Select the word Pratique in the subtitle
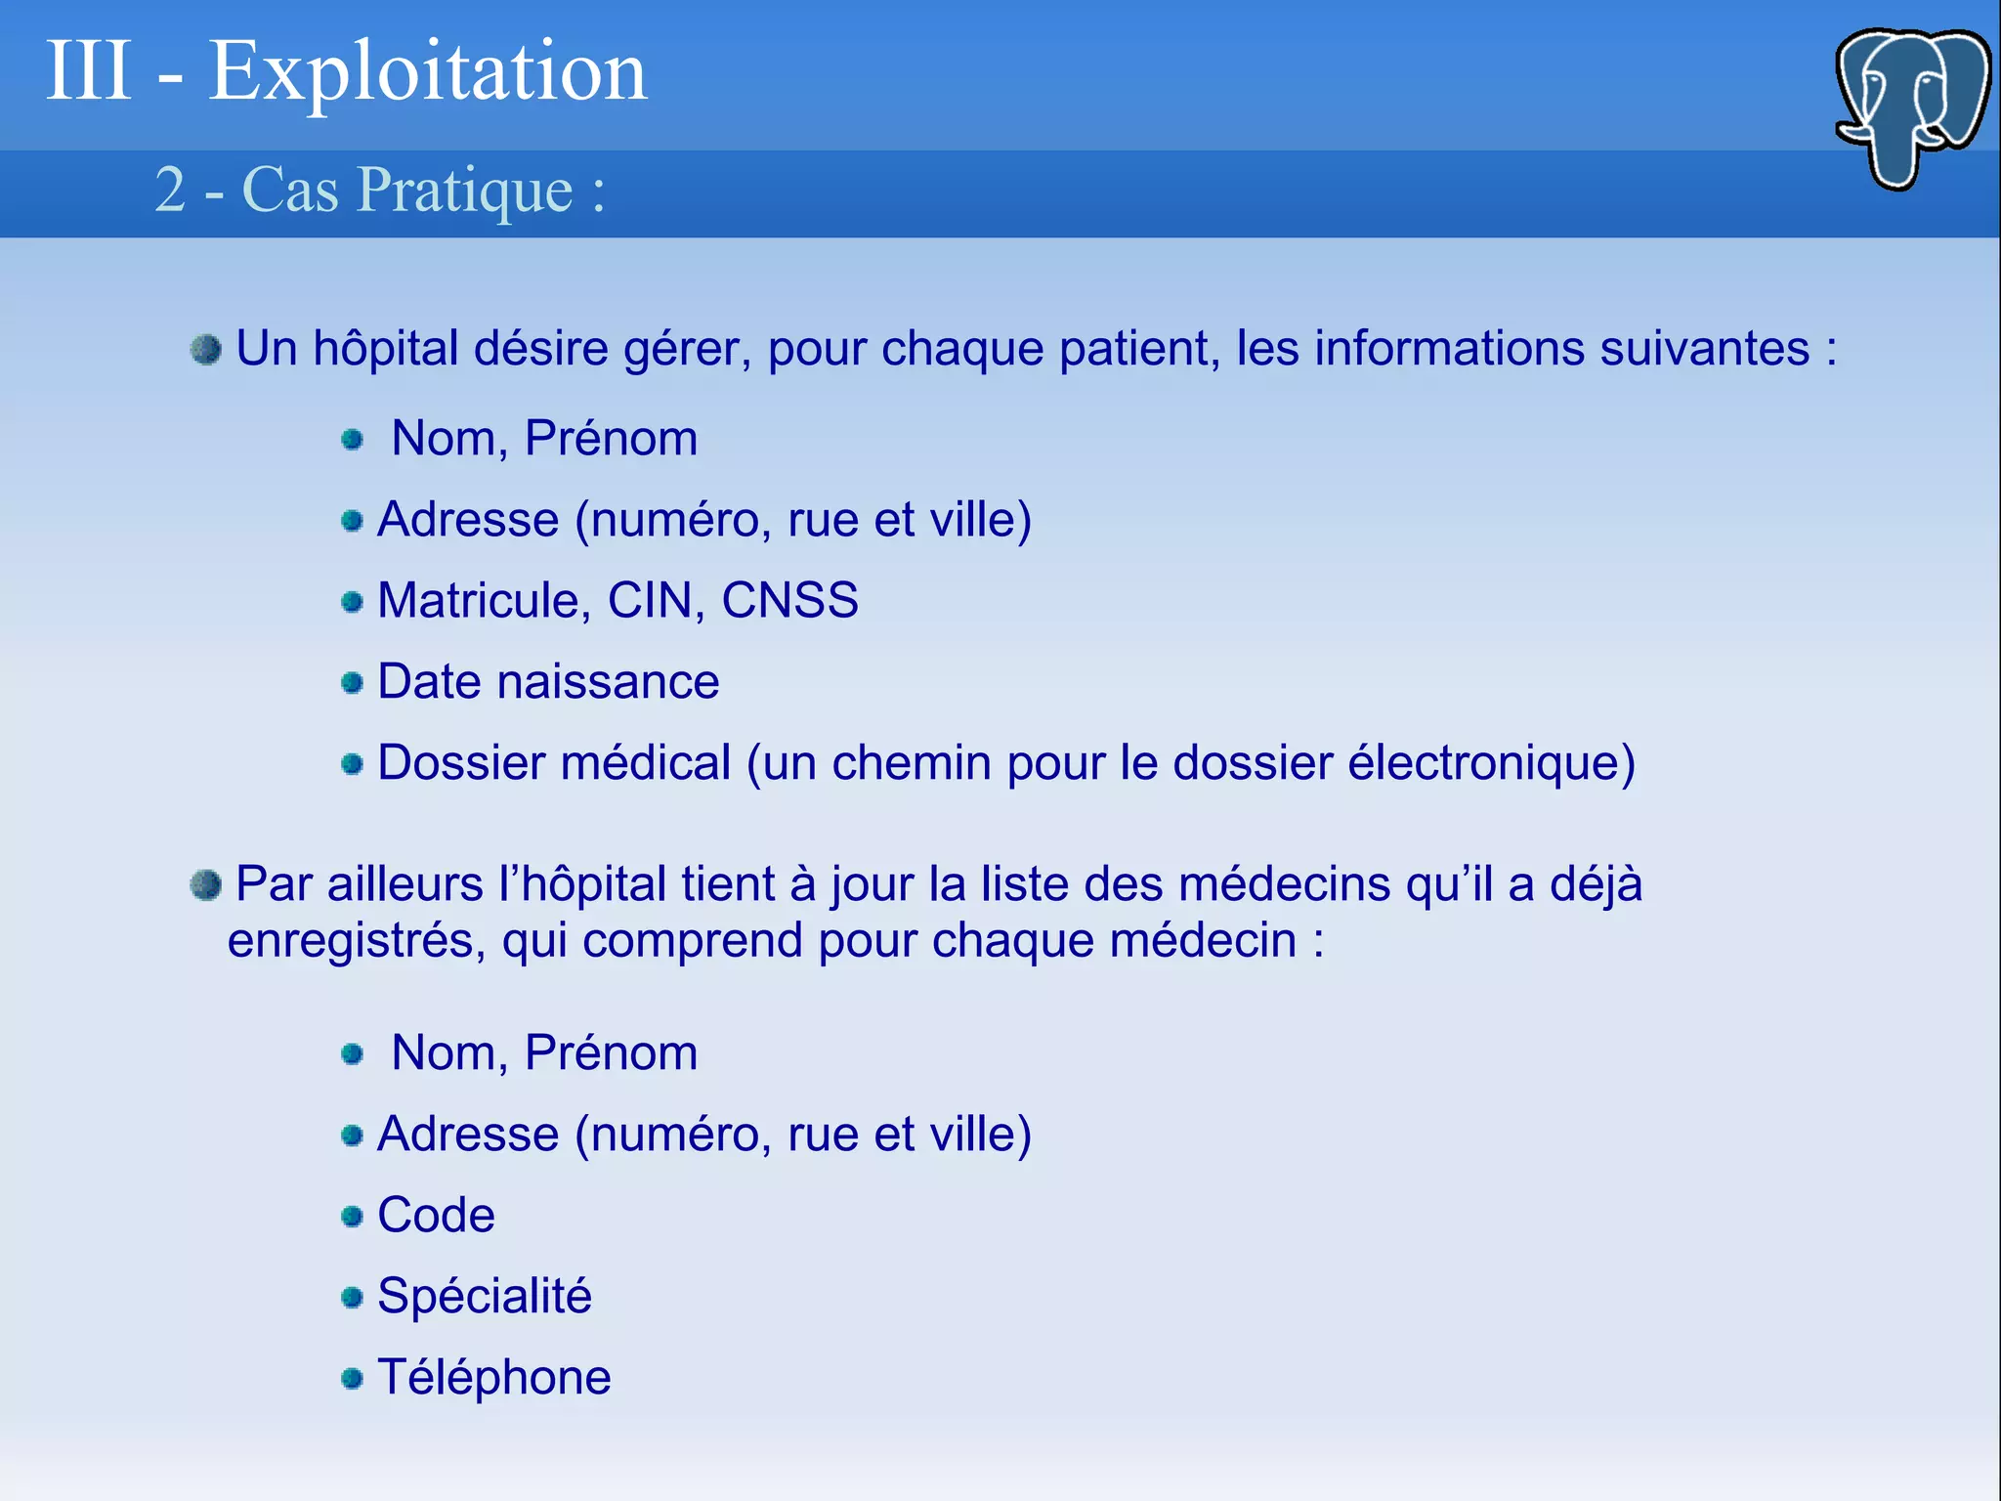coord(464,190)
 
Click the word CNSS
coord(789,600)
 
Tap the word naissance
coord(608,681)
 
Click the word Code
coord(436,1215)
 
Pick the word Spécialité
coord(485,1297)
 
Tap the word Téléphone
coord(494,1377)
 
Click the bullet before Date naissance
coord(353,682)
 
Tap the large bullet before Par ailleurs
coord(206,885)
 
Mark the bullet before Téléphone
coord(353,1379)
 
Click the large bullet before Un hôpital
coord(206,350)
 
